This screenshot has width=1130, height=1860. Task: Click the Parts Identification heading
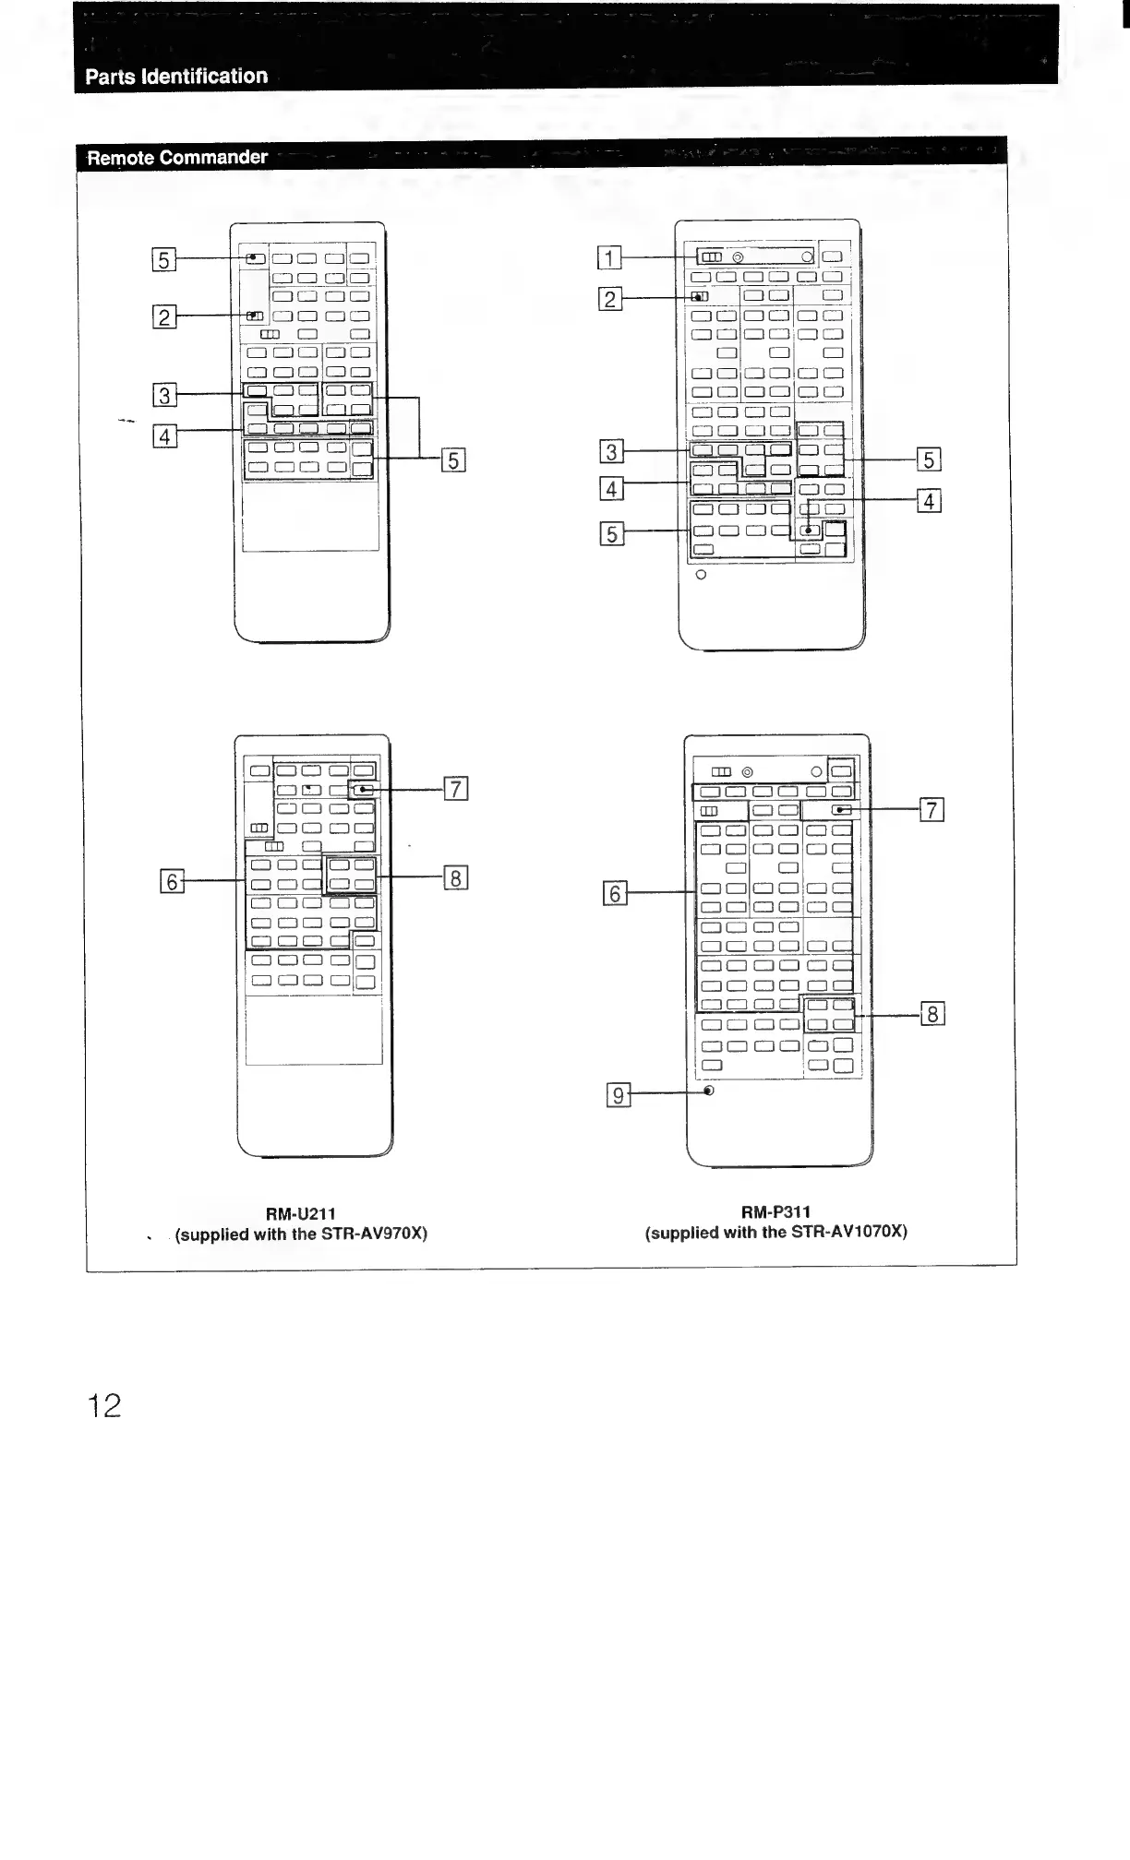pyautogui.click(x=176, y=77)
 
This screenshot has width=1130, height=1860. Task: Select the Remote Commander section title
pyautogui.click(x=177, y=158)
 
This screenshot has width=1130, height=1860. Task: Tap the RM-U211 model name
pyautogui.click(x=301, y=1213)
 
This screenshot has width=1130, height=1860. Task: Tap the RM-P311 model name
pyautogui.click(x=775, y=1211)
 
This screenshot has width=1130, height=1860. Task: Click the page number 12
pyautogui.click(x=104, y=1405)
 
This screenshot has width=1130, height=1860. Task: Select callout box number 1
pyautogui.click(x=609, y=257)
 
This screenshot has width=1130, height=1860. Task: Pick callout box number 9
pyautogui.click(x=619, y=1095)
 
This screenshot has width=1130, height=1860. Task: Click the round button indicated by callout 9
pyautogui.click(x=708, y=1091)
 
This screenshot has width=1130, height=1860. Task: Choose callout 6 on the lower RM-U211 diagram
pyautogui.click(x=172, y=882)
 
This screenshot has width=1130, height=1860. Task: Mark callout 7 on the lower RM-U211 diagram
pyautogui.click(x=456, y=789)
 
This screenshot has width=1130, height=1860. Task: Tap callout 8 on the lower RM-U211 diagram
pyautogui.click(x=456, y=877)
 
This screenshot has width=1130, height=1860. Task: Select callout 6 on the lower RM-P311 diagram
pyautogui.click(x=615, y=893)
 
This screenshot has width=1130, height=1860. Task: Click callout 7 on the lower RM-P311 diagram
pyautogui.click(x=932, y=810)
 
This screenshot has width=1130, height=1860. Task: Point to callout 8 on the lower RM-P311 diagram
pyautogui.click(x=932, y=1015)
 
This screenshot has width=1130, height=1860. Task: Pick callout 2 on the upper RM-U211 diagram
pyautogui.click(x=163, y=317)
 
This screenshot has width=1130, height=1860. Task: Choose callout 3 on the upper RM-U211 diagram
pyautogui.click(x=164, y=396)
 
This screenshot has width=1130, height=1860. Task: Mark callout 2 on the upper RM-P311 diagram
pyautogui.click(x=610, y=299)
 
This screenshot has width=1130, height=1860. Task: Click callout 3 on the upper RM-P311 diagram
pyautogui.click(x=611, y=452)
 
